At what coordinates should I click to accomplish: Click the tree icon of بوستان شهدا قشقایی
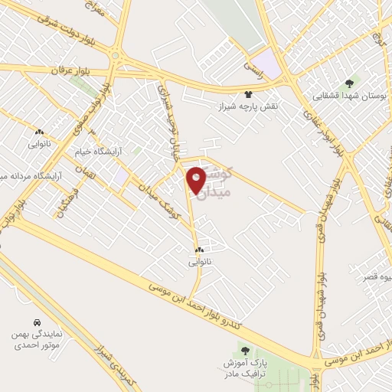pyautogui.click(x=350, y=83)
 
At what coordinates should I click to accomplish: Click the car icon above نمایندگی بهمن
pyautogui.click(x=38, y=322)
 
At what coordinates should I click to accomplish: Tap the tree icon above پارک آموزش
pyautogui.click(x=244, y=350)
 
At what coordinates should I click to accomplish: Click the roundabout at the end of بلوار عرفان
pyautogui.click(x=115, y=55)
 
